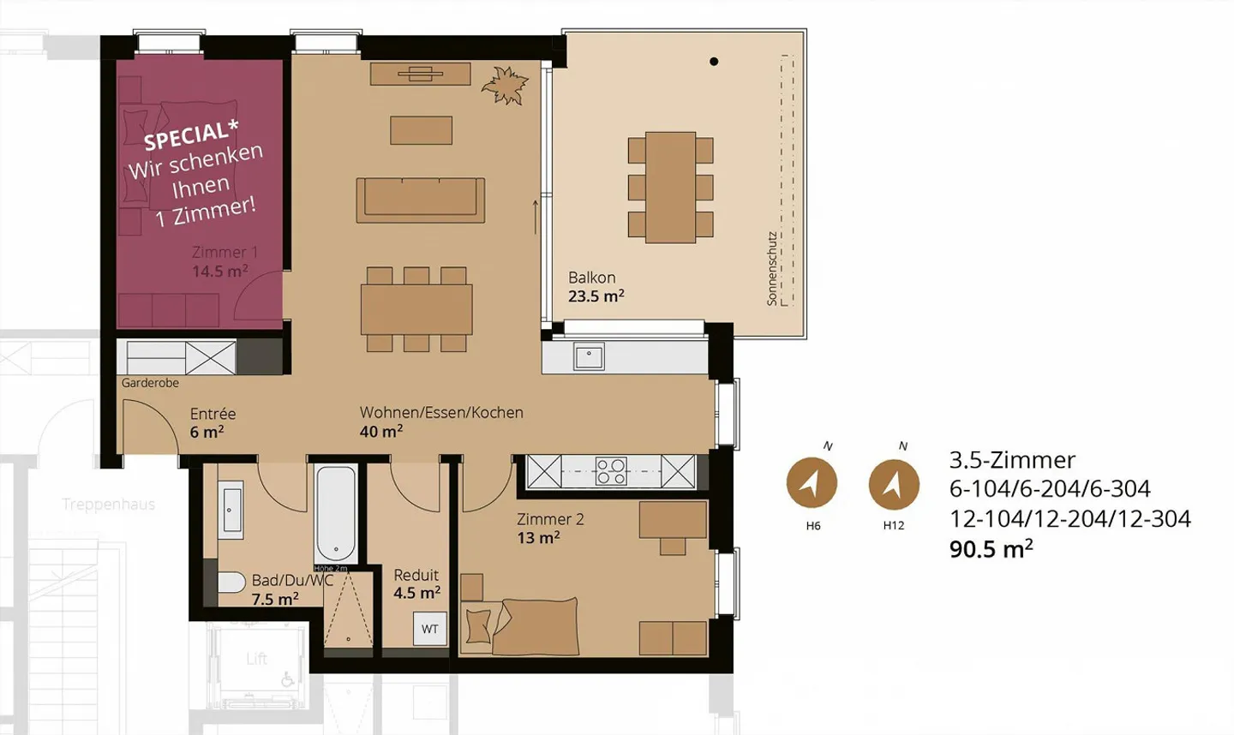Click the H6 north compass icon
tap(812, 482)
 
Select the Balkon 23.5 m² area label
tap(596, 287)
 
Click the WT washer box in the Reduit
tap(429, 629)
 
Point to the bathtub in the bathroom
tap(335, 513)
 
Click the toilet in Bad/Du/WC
tap(231, 583)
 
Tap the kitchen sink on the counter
tap(589, 356)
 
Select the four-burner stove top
tap(611, 471)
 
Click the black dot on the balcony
tap(714, 62)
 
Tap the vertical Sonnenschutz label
tap(772, 268)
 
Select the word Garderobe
tap(150, 383)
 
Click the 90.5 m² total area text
tap(991, 548)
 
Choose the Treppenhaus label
tap(108, 504)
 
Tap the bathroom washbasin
tap(231, 511)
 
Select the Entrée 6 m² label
tap(212, 422)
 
